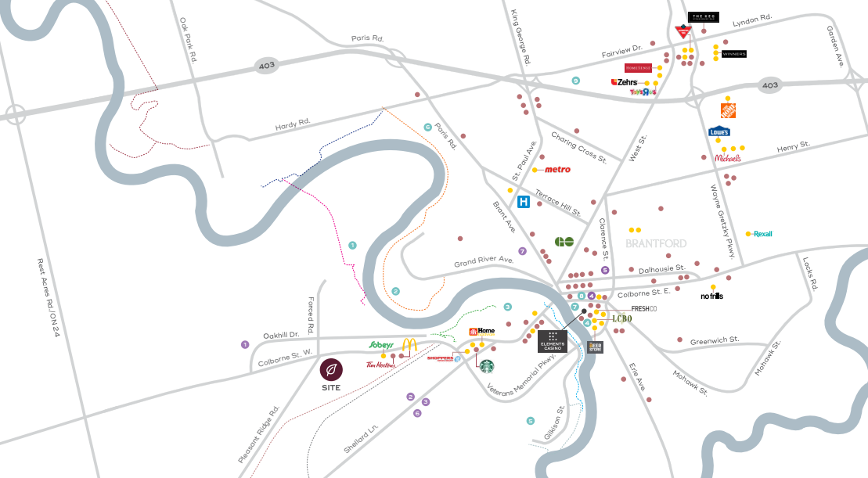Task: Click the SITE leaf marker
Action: click(x=331, y=368)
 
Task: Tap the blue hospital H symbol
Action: click(x=524, y=202)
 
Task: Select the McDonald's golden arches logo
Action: click(x=409, y=345)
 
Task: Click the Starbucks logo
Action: click(x=487, y=365)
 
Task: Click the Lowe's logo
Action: click(x=720, y=131)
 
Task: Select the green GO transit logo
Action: click(x=564, y=242)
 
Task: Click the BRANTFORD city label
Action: click(x=657, y=243)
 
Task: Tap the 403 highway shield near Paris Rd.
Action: click(x=267, y=65)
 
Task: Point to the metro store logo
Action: click(x=557, y=169)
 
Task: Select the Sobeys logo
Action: click(x=380, y=344)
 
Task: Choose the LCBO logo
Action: click(x=621, y=318)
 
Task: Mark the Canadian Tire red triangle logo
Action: click(x=684, y=31)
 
